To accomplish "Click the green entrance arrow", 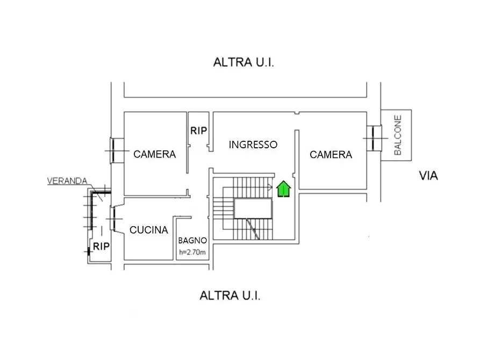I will [x=283, y=189].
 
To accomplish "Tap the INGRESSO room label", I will [x=253, y=145].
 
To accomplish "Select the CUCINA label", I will [x=149, y=230].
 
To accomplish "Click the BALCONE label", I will [x=398, y=135].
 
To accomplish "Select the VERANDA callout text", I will [x=67, y=181].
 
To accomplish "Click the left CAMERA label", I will [x=155, y=154].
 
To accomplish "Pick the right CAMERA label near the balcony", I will [x=331, y=155].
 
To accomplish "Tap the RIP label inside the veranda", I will [x=102, y=247].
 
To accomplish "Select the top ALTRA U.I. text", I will [x=244, y=63].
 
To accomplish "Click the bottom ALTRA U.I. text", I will [x=230, y=296].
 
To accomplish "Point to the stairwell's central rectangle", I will [x=253, y=208].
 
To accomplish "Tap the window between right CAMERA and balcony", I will [x=373, y=139].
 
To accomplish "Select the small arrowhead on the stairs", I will [x=270, y=187].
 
